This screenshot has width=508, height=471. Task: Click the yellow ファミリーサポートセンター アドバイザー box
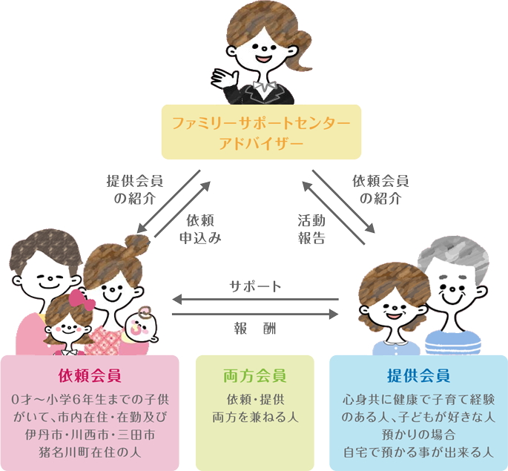(x=262, y=131)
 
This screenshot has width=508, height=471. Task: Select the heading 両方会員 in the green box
(x=254, y=376)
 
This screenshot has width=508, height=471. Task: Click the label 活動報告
(x=311, y=229)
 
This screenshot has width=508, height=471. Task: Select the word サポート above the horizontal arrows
(x=255, y=286)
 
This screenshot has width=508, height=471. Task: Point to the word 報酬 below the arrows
(x=255, y=328)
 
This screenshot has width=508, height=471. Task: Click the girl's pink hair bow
(x=81, y=300)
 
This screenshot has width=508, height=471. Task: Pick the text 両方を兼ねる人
(x=254, y=417)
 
